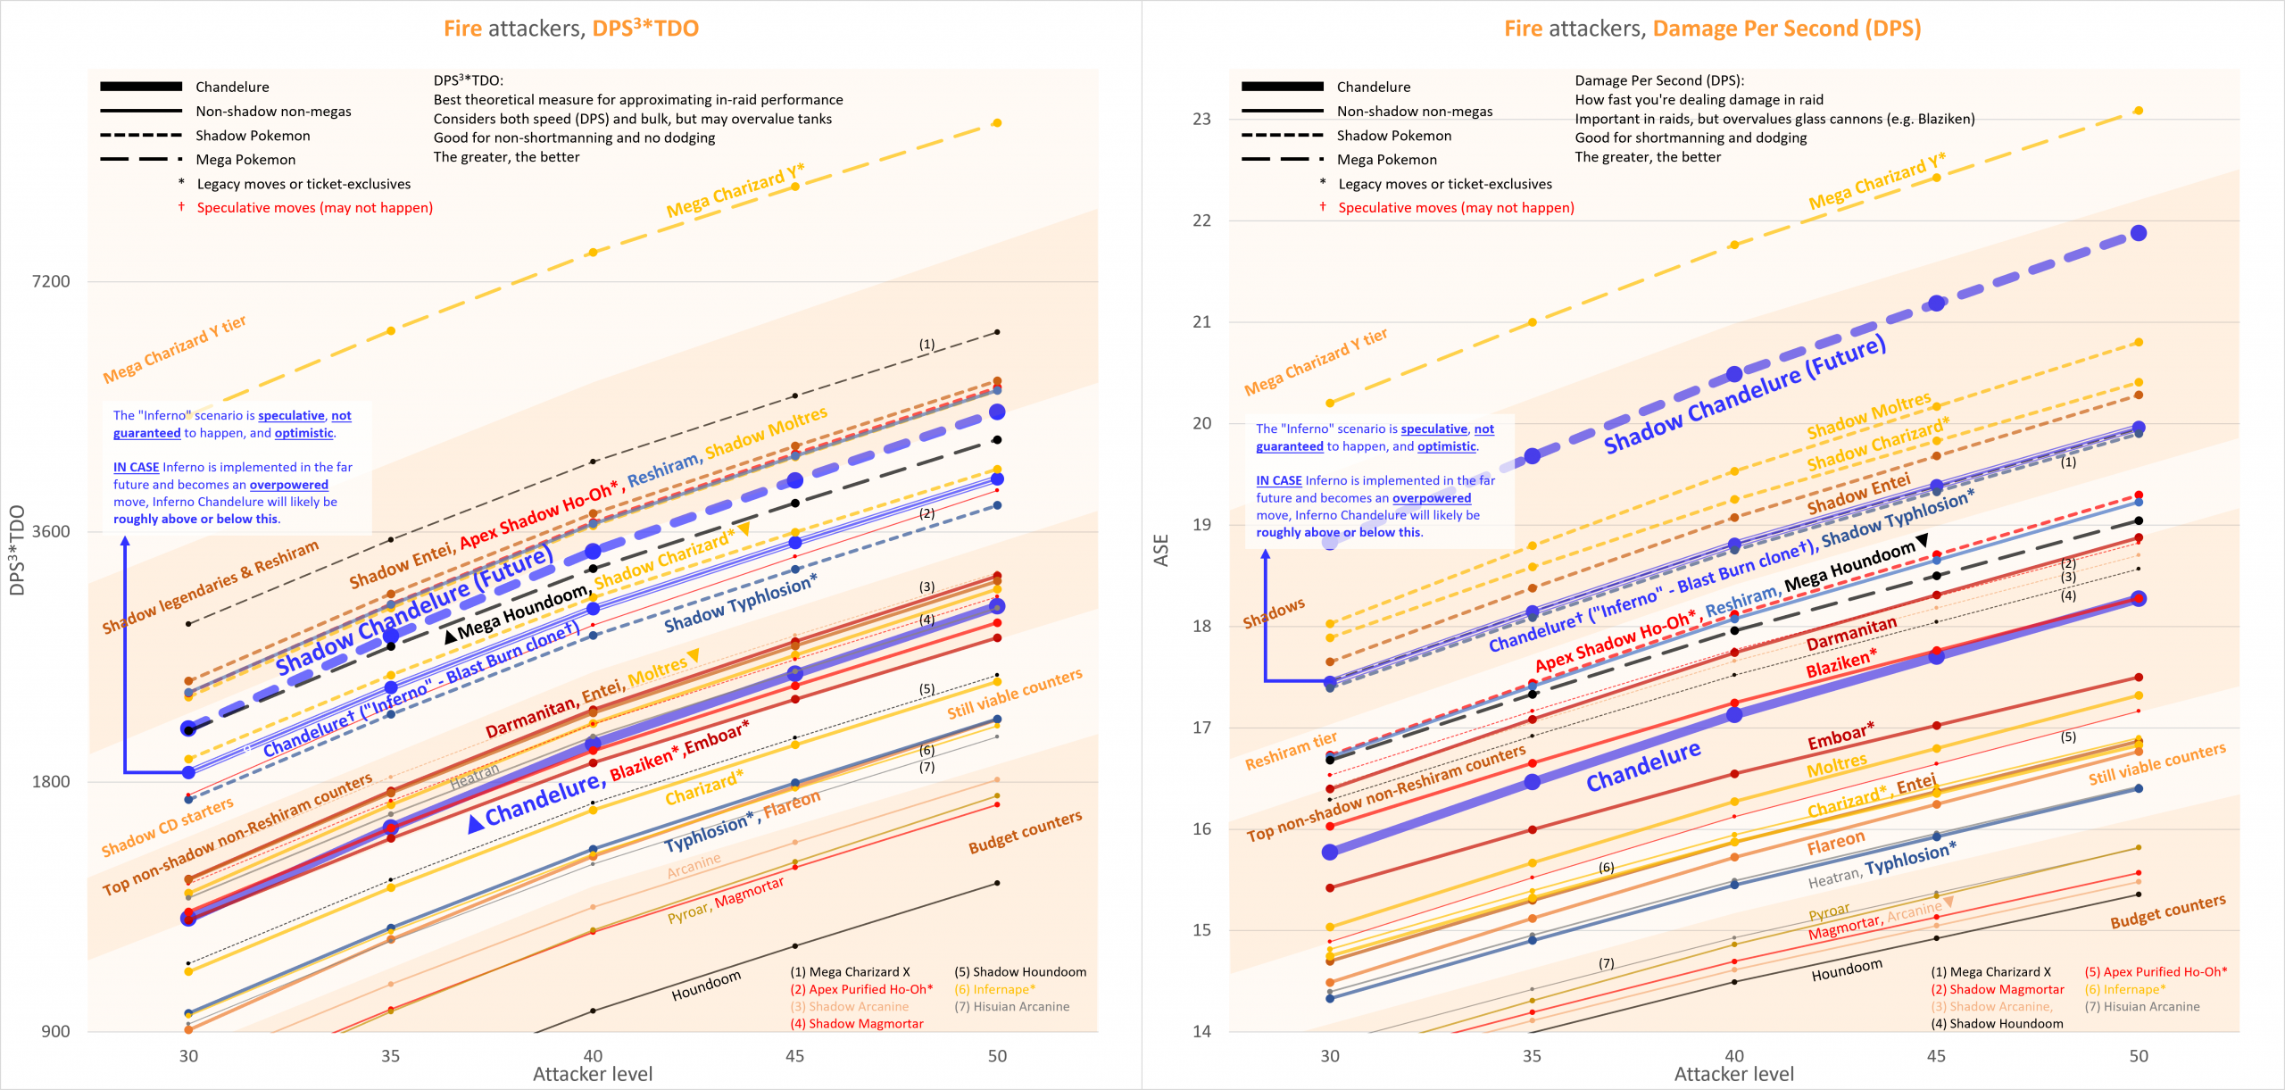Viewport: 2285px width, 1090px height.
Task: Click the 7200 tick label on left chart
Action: pos(51,281)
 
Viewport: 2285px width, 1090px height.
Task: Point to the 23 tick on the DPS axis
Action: pos(1201,119)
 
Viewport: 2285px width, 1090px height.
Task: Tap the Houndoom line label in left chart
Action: pos(706,985)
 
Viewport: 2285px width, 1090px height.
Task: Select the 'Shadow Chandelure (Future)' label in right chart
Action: pos(1744,394)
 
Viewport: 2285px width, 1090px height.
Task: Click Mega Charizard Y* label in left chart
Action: pos(735,190)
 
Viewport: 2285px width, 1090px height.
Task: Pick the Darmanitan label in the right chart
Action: pos(1851,634)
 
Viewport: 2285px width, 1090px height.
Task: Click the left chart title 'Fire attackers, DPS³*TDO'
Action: pos(571,29)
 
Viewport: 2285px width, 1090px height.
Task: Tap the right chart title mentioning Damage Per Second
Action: pos(1712,29)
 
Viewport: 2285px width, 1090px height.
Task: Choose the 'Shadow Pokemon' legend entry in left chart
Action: pos(253,136)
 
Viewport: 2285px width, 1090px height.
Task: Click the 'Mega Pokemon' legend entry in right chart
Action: pos(1387,160)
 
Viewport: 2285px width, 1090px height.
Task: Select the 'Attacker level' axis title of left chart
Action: pos(593,1074)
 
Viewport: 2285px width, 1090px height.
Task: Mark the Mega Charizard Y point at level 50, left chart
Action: pos(997,123)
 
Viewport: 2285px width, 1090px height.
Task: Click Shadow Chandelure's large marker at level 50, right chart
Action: pos(2139,233)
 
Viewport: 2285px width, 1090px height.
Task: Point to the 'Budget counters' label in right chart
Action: pos(2167,911)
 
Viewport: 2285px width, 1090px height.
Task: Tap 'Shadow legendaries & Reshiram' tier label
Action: pos(210,587)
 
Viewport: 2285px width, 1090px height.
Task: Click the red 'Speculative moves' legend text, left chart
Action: pos(314,208)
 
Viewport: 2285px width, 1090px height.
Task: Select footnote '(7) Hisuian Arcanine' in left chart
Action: pos(1011,1006)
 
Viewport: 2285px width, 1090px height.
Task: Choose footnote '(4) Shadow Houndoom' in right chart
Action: pos(1997,1024)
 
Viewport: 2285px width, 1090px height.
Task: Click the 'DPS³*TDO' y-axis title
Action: pos(17,550)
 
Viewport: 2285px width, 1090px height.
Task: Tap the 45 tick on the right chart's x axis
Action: pos(1936,1056)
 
